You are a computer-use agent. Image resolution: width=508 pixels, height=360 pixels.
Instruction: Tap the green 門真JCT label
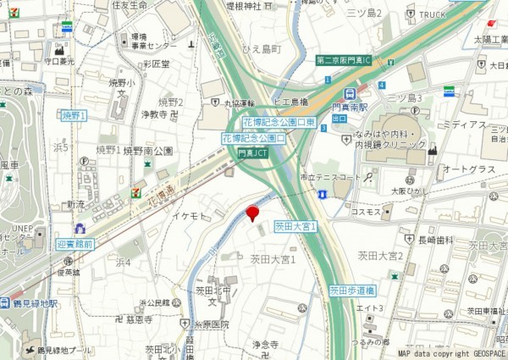251,154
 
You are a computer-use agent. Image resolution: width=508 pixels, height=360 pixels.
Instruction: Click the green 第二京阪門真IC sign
350,60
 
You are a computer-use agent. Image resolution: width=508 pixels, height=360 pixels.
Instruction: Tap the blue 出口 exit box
340,119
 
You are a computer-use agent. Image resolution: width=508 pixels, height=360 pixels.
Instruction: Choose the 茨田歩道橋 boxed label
352,290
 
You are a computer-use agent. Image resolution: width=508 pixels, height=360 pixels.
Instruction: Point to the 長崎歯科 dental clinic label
436,241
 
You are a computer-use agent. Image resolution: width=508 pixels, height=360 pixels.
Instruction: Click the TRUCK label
432,14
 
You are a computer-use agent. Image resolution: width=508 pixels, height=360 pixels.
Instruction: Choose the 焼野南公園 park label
148,151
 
